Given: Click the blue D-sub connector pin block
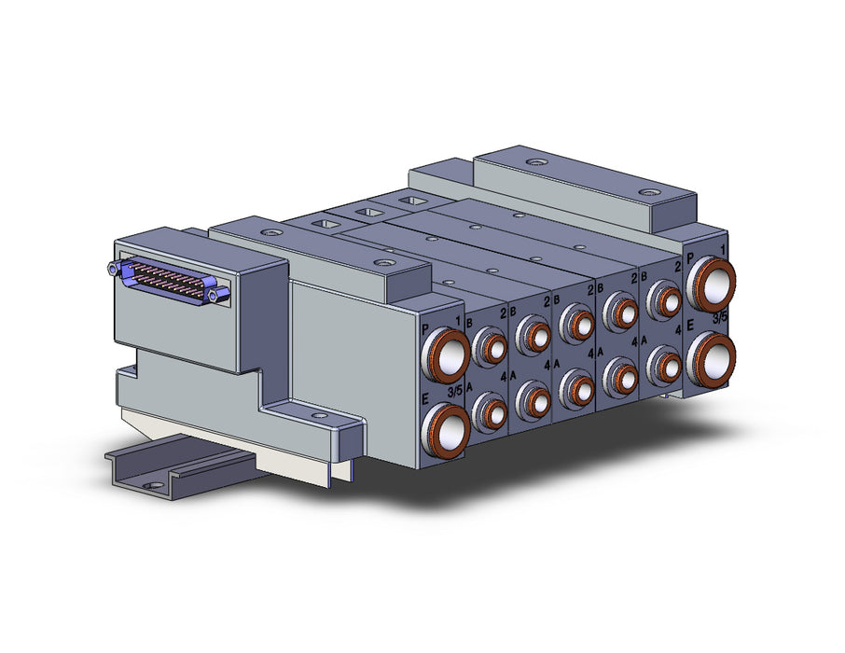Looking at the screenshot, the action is pos(169,279).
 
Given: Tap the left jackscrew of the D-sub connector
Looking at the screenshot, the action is pos(113,268).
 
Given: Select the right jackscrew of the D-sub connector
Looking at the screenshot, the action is pos(221,295).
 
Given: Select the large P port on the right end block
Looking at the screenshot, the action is pos(711,285).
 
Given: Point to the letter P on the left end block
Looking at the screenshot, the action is pos(425,329).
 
